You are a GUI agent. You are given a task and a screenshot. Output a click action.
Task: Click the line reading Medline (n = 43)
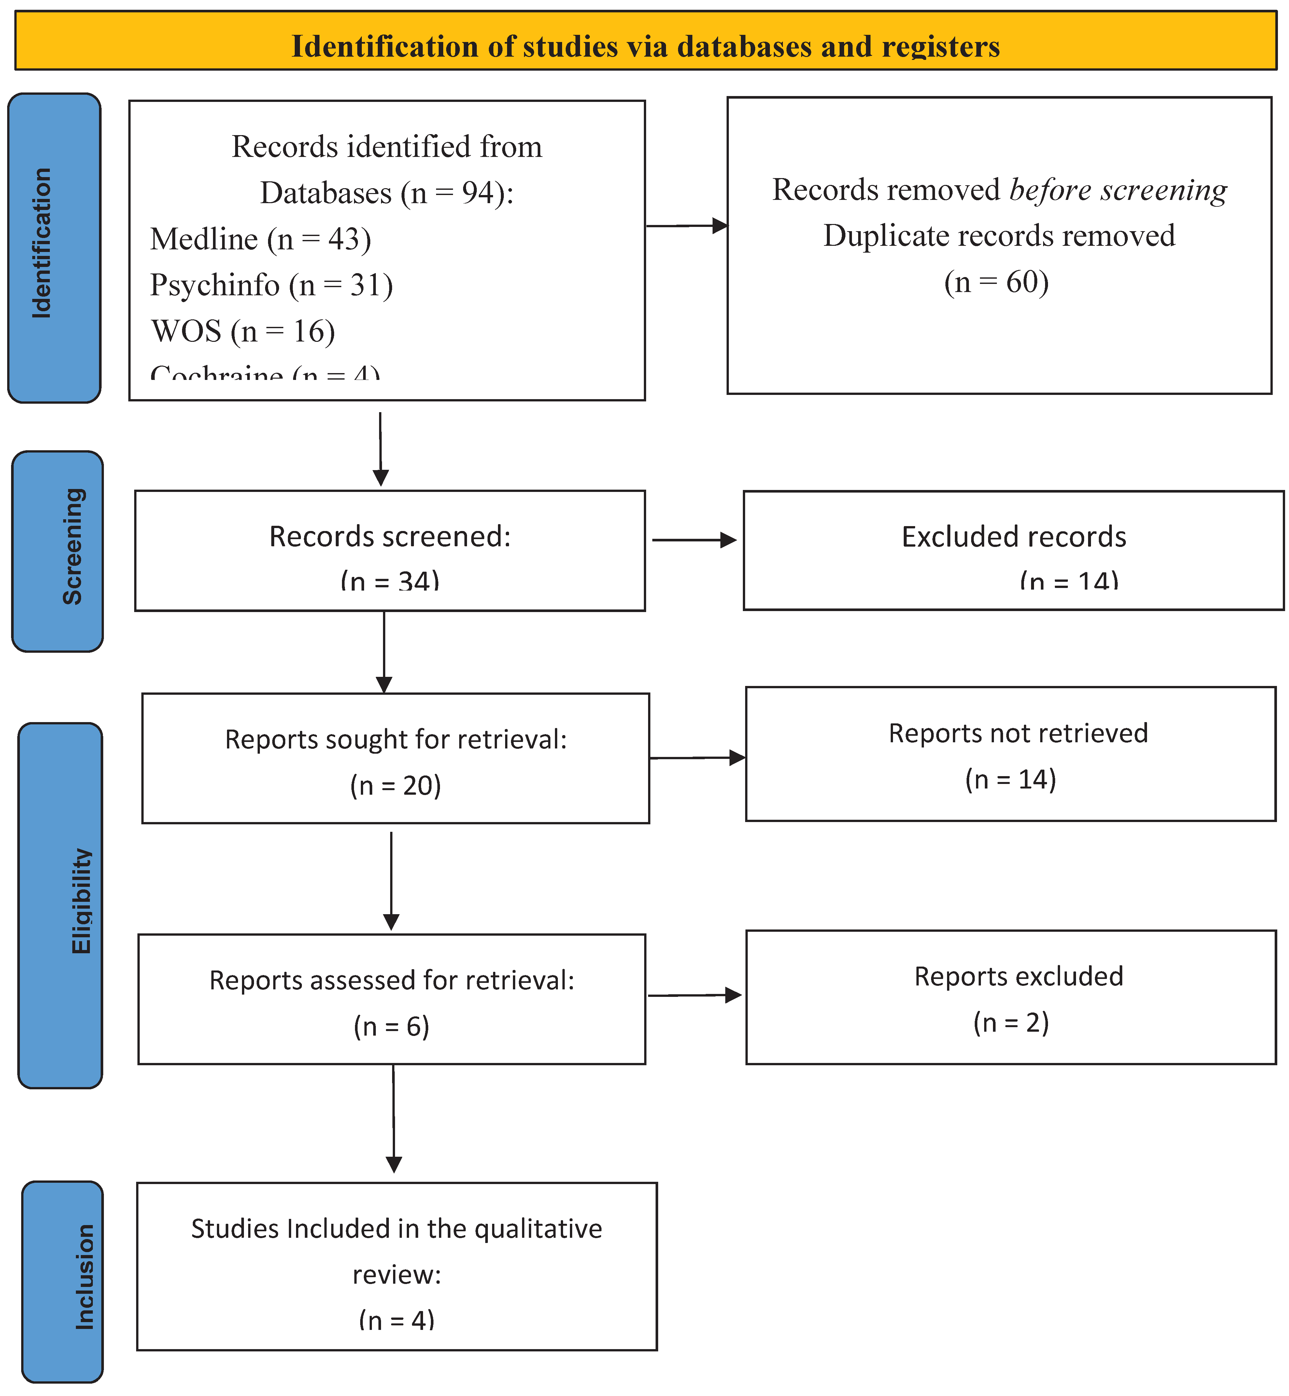[260, 239]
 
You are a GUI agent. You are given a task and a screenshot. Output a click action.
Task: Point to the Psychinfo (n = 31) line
[271, 285]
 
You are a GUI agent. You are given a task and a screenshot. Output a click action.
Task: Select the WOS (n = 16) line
[243, 331]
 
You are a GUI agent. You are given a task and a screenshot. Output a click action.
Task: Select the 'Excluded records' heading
[1013, 537]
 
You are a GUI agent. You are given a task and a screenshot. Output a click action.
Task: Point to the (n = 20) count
[395, 786]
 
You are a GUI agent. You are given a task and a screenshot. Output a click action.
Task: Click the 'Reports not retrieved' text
[1018, 733]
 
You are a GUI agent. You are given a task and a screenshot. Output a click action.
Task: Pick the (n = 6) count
[391, 1026]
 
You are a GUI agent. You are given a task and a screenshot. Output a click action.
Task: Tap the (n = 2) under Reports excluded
[1011, 1023]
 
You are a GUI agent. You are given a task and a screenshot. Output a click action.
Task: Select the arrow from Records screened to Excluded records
[694, 540]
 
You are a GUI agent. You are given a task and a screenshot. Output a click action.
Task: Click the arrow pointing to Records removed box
[687, 225]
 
